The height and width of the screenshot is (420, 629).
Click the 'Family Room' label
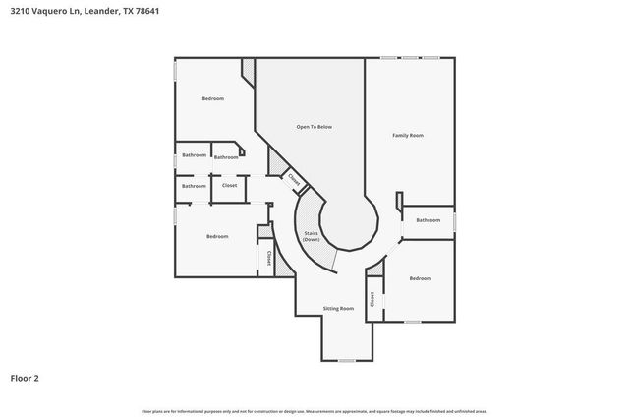(408, 135)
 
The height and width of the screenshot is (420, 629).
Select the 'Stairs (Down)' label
(311, 237)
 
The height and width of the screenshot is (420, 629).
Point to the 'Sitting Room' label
(338, 309)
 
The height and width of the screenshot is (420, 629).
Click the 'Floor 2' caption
(25, 377)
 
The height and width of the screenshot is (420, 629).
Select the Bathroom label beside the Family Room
(428, 220)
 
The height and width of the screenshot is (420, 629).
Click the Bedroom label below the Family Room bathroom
(421, 278)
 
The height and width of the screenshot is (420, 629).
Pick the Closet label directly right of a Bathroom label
(229, 185)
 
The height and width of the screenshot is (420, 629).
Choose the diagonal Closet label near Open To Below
(294, 178)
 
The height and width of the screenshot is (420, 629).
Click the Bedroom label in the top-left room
(213, 98)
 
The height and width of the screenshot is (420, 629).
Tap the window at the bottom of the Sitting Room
(345, 360)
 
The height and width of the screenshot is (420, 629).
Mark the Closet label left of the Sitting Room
(268, 257)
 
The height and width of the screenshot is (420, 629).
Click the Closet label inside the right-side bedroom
(372, 299)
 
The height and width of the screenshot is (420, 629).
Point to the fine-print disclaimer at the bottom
(314, 411)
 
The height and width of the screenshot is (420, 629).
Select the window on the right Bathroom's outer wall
(455, 221)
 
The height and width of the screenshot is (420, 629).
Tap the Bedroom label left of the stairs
(217, 236)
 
